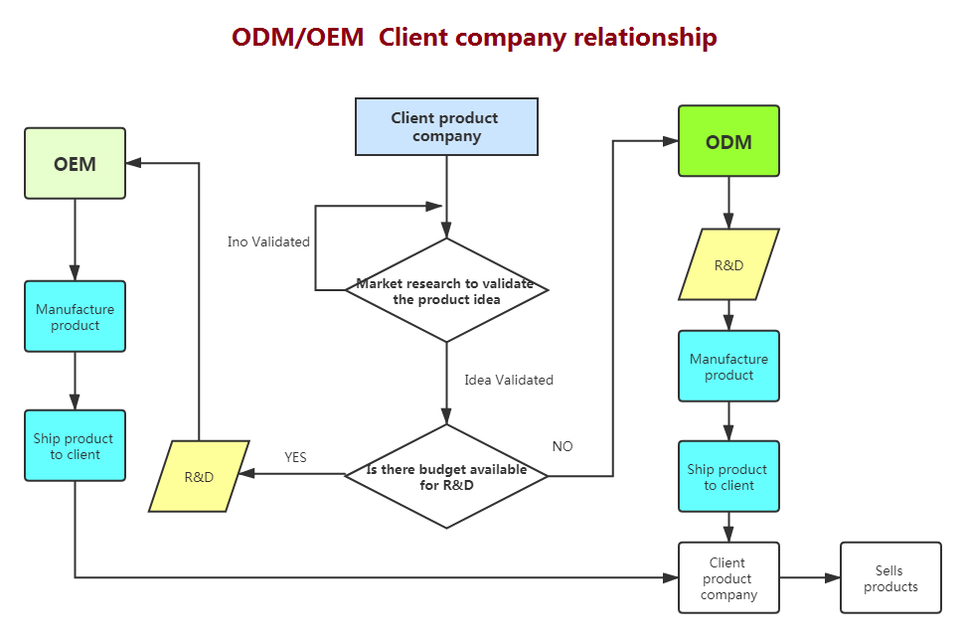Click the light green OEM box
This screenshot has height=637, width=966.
coord(75,164)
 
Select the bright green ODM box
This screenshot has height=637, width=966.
coord(728,141)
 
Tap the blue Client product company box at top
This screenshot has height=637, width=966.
coord(446,127)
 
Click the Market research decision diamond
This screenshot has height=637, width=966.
coord(446,290)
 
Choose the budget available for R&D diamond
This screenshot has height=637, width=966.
coord(446,477)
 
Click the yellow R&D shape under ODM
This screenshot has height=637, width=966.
coord(728,264)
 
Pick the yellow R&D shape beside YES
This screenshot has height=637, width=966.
coord(199,476)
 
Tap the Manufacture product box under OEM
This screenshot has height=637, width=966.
coord(75,316)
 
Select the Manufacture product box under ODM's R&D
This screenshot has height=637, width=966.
coord(728,366)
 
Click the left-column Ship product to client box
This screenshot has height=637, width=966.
coord(75,445)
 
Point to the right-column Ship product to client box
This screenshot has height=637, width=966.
coord(728,477)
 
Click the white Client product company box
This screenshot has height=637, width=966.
coord(728,578)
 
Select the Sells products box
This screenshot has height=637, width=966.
coord(889,578)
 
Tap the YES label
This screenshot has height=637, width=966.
coord(295,457)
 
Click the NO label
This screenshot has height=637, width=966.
coord(563,446)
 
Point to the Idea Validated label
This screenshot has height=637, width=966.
coord(509,380)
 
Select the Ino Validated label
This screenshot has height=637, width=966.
coord(268,241)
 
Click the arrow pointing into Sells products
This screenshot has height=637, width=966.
coord(810,577)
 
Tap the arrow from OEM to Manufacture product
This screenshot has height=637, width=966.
coord(75,239)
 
